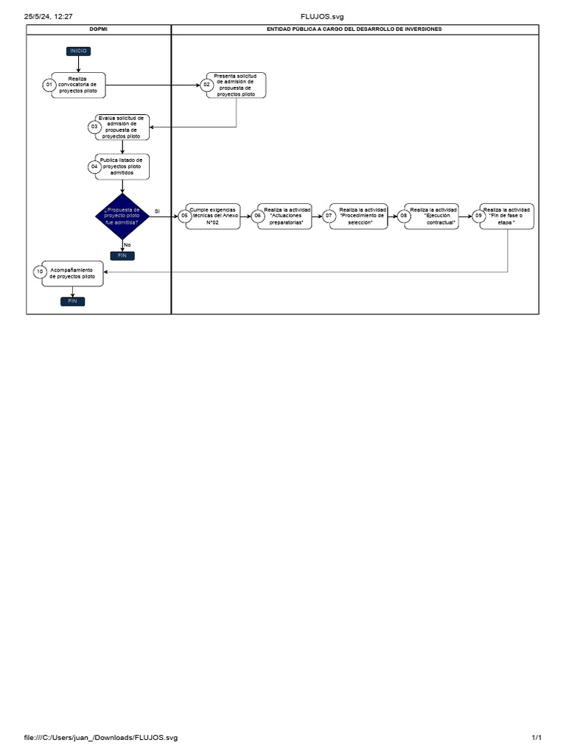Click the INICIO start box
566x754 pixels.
point(78,51)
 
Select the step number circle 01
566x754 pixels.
point(49,85)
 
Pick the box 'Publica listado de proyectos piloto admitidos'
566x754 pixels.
point(122,166)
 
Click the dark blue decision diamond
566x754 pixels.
point(122,216)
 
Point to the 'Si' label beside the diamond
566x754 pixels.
point(157,211)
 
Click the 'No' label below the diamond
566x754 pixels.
point(127,244)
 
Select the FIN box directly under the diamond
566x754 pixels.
point(122,256)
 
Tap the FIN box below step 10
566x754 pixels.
point(72,301)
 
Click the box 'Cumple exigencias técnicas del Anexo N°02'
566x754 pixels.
point(214,216)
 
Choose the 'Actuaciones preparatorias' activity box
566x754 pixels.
point(287,216)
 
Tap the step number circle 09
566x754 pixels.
point(479,216)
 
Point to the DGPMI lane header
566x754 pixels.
point(99,29)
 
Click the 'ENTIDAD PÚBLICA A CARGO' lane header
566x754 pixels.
point(354,29)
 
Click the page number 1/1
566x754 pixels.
point(537,738)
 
